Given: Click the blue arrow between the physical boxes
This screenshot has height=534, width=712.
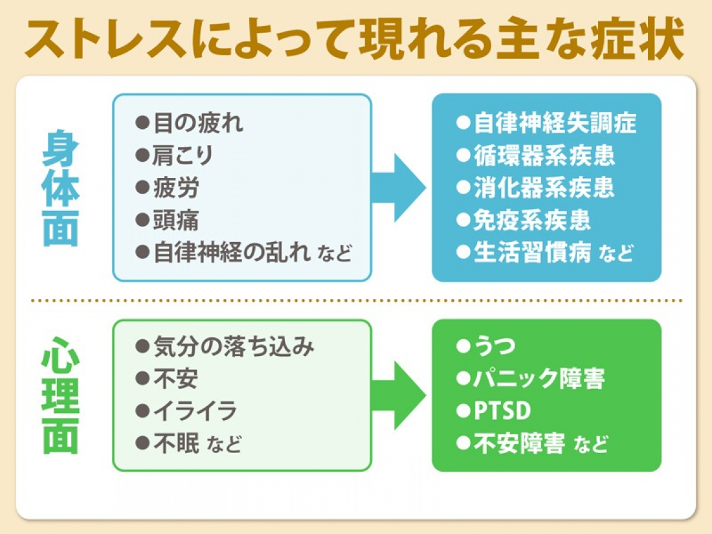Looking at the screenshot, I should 400,188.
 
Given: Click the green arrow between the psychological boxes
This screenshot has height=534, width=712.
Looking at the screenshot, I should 400,395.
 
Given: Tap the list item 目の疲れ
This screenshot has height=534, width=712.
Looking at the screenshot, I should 198,123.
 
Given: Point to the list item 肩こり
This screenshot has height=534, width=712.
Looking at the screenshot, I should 183,155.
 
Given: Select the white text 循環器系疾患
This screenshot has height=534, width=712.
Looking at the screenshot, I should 544,155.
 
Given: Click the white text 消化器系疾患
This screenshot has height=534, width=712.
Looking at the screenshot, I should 544,188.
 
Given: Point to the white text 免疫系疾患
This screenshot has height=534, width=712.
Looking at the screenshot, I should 533,220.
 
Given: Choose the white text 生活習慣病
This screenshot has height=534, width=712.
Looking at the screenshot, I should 533,252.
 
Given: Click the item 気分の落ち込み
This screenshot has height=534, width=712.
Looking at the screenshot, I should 234,347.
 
